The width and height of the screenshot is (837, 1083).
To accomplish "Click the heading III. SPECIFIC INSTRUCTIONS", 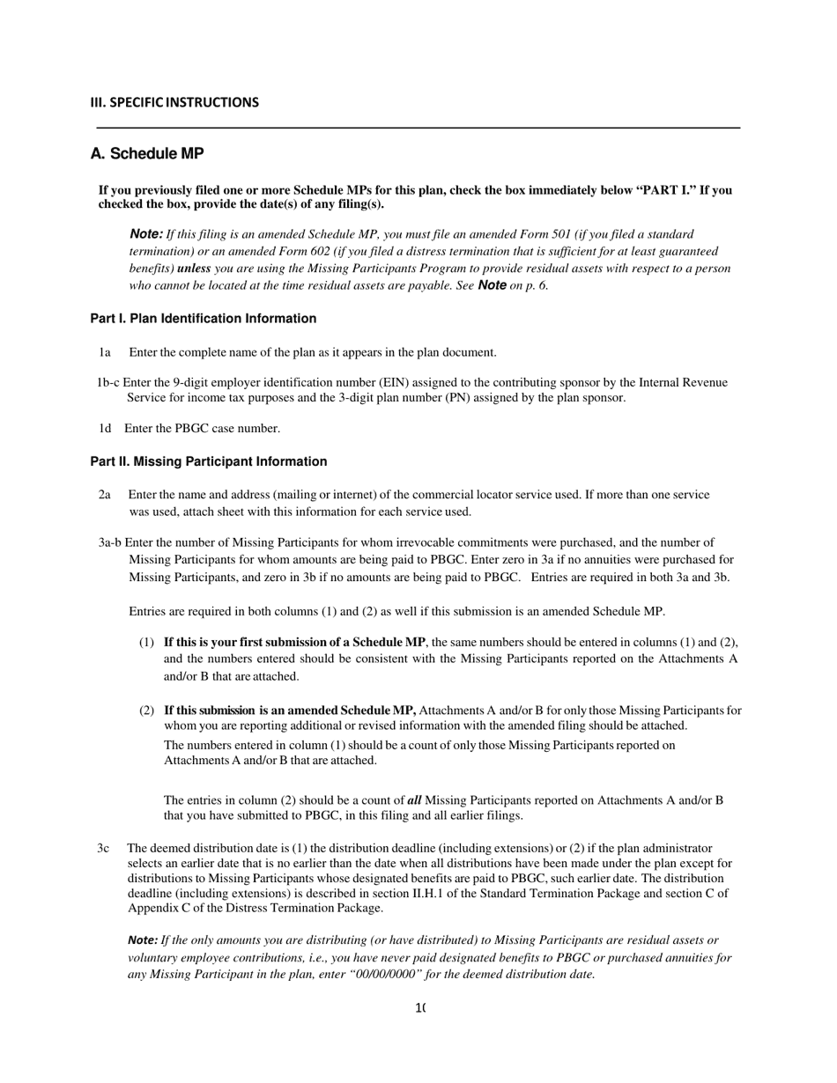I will tap(174, 102).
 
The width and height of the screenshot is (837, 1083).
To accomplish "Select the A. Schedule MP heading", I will tap(147, 154).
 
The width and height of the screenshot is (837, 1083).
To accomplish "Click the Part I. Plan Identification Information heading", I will tap(203, 319).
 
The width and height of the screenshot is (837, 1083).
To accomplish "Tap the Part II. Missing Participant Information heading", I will tap(208, 461).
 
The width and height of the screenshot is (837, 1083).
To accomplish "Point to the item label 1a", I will tap(104, 352).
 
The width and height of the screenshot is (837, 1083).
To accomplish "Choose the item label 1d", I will tap(104, 428).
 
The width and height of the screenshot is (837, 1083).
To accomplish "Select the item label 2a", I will tap(104, 495).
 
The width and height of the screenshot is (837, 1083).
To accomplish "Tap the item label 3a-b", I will tap(110, 542).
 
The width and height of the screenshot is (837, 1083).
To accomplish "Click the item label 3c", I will tap(103, 848).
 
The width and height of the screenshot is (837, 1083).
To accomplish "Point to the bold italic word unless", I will tap(194, 268).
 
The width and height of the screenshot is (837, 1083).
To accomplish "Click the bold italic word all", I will tap(414, 800).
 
